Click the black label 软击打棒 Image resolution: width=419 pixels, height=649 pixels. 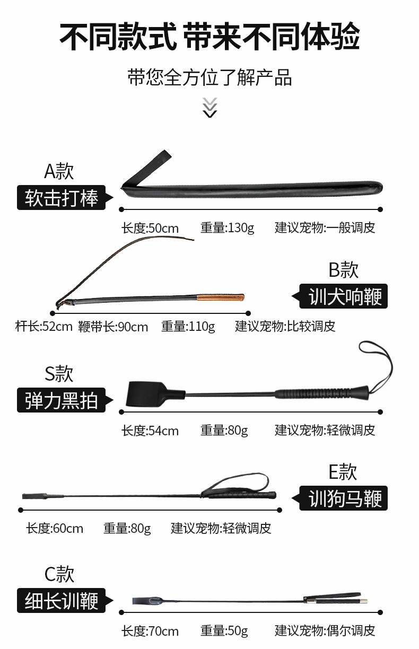(63, 198)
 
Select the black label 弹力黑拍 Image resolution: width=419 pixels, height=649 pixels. (63, 400)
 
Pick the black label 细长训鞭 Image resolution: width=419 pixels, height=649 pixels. (63, 601)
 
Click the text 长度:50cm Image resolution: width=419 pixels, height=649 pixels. (150, 229)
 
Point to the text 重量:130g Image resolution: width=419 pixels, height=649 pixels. (227, 228)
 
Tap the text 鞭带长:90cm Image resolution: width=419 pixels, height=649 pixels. (112, 327)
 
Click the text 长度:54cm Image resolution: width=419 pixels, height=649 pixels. (150, 431)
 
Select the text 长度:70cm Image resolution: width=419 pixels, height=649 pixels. (150, 631)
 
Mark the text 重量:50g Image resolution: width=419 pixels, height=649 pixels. (224, 630)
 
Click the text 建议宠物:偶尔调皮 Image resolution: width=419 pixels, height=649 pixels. (325, 630)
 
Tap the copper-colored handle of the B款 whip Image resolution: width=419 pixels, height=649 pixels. (221, 297)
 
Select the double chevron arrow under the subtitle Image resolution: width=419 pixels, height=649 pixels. (210, 108)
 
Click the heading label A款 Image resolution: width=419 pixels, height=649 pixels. (59, 171)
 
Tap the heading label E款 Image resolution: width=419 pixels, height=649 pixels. (343, 471)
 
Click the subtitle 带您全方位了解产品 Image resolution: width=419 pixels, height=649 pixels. (210, 77)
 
